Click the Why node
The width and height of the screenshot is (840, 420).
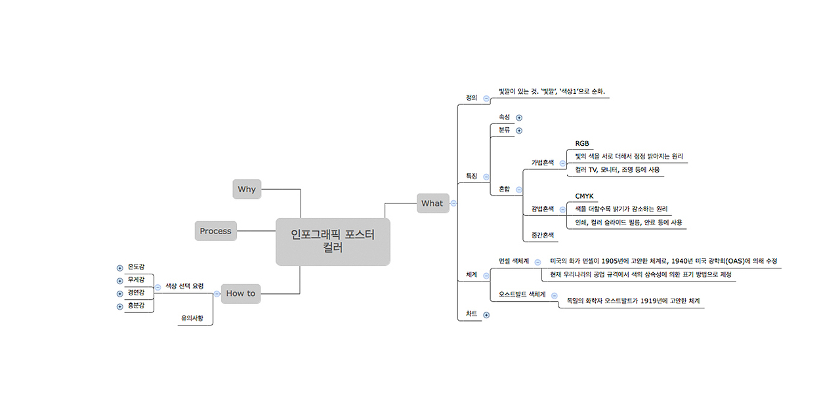tap(247, 189)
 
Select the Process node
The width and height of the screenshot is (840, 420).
tap(216, 230)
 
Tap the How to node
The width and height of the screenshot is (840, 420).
tap(241, 293)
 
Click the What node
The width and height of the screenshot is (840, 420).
tap(432, 203)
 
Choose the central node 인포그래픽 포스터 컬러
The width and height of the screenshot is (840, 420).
tap(333, 241)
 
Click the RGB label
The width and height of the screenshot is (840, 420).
tap(582, 143)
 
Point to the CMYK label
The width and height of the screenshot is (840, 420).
tap(584, 196)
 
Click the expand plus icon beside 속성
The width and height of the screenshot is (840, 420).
tap(519, 117)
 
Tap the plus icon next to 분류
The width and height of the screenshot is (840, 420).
tap(519, 131)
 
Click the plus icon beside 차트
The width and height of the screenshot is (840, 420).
tap(486, 315)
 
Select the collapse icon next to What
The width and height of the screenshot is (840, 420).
tap(453, 203)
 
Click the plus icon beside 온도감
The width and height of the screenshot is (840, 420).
tap(120, 268)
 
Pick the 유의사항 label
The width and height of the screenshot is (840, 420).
tap(192, 318)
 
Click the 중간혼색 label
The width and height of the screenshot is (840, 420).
tap(543, 235)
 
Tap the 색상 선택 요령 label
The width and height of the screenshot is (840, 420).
tap(184, 286)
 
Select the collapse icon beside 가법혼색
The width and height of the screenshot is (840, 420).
tap(562, 163)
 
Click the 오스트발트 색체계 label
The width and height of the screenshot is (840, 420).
tap(522, 295)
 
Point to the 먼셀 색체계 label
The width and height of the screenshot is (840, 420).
tap(514, 261)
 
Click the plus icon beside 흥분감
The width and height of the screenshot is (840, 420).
tap(120, 306)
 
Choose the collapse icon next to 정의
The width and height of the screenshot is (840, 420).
tap(486, 98)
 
